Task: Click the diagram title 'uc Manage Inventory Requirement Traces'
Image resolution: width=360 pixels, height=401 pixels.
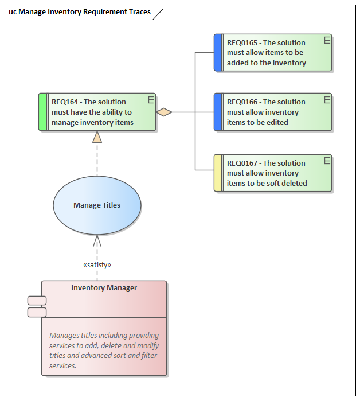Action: [80, 11]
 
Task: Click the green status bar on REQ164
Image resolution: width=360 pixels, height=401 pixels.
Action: [42, 112]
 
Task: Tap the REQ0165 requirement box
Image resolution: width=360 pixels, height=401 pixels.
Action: [275, 53]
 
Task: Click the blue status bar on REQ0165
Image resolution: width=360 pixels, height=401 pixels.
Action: [218, 53]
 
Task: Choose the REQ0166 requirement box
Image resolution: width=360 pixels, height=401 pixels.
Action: [275, 112]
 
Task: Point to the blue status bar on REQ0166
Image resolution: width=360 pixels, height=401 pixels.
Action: [218, 112]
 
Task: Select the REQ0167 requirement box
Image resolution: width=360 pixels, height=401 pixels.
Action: [275, 173]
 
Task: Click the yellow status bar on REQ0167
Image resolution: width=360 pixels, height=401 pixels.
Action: [218, 173]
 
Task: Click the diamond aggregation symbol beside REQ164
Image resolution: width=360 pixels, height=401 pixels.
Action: [165, 112]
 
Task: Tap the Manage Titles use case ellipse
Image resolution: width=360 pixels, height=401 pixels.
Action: [97, 205]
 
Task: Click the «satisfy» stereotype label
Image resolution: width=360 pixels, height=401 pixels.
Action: [97, 265]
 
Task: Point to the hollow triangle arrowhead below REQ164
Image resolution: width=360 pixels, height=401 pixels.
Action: [97, 137]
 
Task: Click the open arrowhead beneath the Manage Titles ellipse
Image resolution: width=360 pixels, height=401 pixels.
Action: [97, 240]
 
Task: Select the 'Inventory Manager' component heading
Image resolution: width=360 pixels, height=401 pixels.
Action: [104, 288]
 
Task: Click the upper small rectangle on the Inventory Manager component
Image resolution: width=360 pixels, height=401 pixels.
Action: [37, 301]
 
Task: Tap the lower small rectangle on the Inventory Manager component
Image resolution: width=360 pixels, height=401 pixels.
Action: [37, 312]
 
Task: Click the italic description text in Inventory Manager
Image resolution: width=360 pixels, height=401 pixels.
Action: [104, 351]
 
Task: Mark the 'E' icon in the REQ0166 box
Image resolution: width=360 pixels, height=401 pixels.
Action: [327, 100]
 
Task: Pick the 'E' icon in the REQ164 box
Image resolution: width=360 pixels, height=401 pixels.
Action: [151, 100]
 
